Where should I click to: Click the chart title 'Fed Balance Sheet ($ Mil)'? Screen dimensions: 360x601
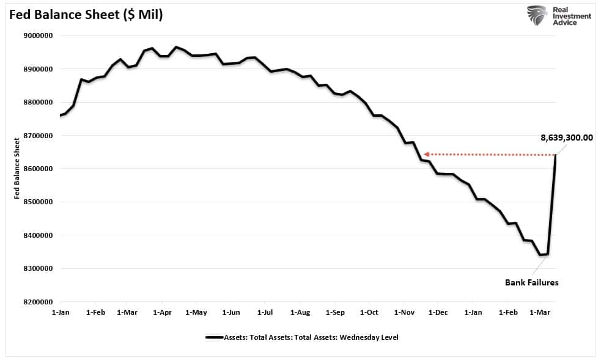click(86, 15)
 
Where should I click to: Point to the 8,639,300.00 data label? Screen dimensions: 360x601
click(566, 138)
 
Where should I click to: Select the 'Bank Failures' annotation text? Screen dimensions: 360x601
click(531, 282)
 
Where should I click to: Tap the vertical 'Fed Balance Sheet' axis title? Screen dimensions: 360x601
click(17, 168)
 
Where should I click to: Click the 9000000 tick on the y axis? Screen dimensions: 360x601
click(38, 35)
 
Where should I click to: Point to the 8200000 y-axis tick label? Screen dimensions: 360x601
click(38, 302)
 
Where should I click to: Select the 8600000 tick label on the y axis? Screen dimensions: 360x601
click(38, 169)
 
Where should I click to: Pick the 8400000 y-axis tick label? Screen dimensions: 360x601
click(38, 235)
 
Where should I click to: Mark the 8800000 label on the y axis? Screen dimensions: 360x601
click(38, 102)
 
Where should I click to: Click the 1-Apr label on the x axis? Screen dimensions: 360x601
click(162, 312)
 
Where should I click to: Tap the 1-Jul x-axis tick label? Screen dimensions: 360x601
click(265, 312)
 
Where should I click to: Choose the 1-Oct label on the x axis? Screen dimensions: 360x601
click(369, 312)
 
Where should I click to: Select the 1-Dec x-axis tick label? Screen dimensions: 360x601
click(438, 312)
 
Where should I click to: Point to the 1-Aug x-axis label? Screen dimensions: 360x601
click(300, 312)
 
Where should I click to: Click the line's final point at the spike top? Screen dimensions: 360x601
click(556, 155)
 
